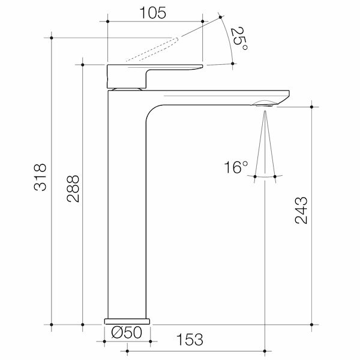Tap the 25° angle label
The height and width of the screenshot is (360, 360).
(x=238, y=40)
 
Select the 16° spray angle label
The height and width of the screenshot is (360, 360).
(x=236, y=167)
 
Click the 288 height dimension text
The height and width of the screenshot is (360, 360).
(x=72, y=187)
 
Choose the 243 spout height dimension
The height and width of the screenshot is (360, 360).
(x=302, y=210)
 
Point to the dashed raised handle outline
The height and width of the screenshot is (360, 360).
(x=153, y=49)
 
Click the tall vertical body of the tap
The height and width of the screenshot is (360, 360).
(x=126, y=210)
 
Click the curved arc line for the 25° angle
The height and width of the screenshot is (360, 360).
(x=229, y=42)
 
